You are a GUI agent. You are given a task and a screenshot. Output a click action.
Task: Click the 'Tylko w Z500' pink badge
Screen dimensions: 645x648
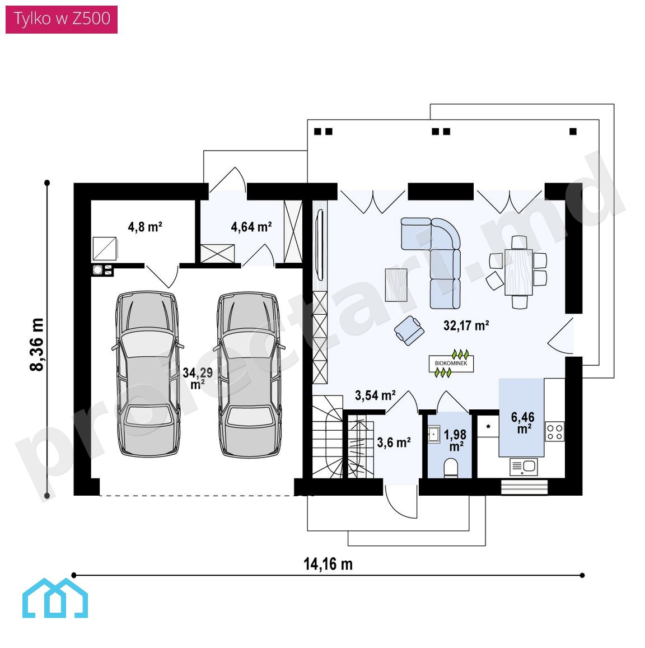[62, 19]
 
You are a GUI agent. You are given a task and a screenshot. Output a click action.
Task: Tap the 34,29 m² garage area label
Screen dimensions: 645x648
[198, 378]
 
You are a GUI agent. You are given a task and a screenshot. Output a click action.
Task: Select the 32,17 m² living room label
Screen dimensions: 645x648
[466, 325]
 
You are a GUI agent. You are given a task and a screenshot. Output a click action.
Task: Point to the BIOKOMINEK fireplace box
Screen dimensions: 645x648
[451, 363]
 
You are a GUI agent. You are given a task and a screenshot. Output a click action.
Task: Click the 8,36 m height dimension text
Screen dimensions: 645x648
[37, 344]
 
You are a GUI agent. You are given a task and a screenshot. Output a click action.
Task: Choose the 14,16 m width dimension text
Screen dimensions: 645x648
[328, 564]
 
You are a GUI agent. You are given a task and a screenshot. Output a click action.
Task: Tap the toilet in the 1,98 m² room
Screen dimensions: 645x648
[451, 468]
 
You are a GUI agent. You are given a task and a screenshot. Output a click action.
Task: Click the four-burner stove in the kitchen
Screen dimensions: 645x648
[555, 431]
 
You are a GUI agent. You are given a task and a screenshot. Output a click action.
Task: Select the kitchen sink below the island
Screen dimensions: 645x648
[524, 467]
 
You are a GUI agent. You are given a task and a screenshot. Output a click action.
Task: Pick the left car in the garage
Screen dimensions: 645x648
[147, 374]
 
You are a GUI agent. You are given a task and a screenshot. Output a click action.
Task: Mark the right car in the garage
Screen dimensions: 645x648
[249, 375]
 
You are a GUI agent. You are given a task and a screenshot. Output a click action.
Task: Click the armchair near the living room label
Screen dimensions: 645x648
[409, 330]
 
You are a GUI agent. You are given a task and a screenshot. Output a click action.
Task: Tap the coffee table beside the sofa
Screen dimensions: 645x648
[396, 285]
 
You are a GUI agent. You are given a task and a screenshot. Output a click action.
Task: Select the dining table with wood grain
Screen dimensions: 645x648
[518, 272]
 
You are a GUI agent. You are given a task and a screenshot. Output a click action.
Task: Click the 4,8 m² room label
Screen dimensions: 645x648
[145, 227]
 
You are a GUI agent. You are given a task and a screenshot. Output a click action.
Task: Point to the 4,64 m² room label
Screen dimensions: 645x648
[251, 227]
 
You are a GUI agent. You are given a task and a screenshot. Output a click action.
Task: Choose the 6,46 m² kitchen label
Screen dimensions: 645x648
[523, 422]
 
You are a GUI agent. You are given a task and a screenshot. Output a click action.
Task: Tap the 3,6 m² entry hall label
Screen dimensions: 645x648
[394, 442]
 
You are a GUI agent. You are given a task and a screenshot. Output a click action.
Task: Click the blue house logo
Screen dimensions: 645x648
[55, 598]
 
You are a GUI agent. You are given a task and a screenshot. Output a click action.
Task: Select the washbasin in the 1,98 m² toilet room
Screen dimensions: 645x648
[433, 435]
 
